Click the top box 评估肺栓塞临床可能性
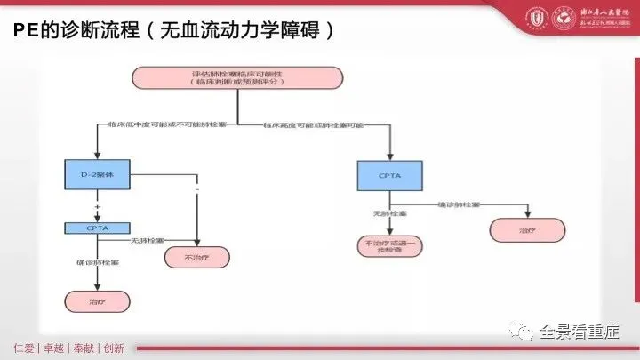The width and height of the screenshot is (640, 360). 238,77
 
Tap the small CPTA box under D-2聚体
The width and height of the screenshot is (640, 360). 98,228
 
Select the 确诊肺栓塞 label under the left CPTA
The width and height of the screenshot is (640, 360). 94,263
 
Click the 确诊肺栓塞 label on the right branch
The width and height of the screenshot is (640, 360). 460,205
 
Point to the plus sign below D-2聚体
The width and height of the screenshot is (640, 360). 96,206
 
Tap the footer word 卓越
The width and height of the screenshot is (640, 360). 56,348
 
